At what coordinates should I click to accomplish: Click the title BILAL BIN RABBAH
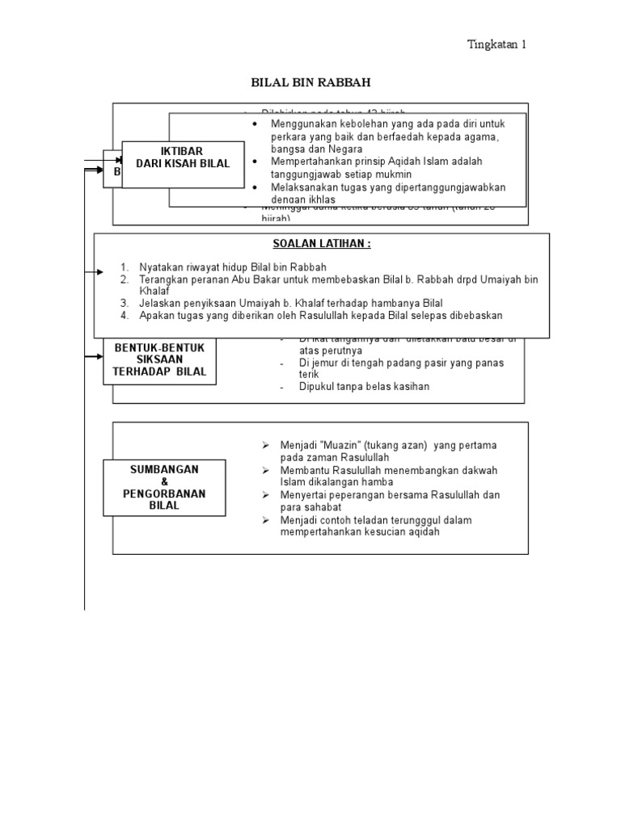click(310, 82)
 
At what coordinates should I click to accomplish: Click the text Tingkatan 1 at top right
click(497, 44)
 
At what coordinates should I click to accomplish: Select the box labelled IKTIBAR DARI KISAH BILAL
click(183, 157)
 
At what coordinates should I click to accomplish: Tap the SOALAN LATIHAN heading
click(322, 245)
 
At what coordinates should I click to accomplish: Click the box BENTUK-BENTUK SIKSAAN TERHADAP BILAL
click(160, 359)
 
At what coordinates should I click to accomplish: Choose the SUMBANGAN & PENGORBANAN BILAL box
click(164, 487)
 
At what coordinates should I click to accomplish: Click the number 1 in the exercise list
click(125, 267)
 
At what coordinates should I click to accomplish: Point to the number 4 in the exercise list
click(125, 316)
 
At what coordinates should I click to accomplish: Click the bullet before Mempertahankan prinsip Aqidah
click(255, 162)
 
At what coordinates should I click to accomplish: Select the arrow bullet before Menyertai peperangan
click(264, 495)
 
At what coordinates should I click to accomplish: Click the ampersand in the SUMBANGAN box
click(164, 481)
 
